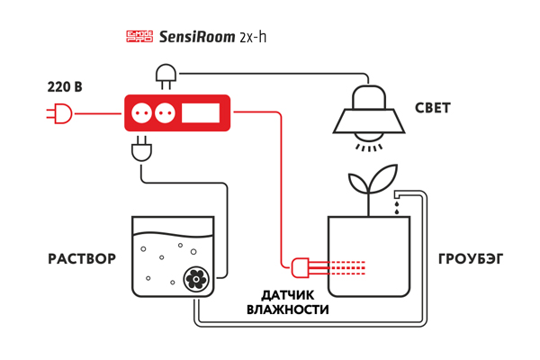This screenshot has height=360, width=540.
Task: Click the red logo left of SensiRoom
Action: pyautogui.click(x=139, y=37)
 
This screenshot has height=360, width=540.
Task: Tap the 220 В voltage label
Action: pyautogui.click(x=64, y=87)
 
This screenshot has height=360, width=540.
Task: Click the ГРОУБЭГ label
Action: pyautogui.click(x=470, y=259)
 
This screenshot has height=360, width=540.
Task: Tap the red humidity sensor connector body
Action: pyautogui.click(x=300, y=265)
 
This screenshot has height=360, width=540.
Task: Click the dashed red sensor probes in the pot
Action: pyautogui.click(x=346, y=265)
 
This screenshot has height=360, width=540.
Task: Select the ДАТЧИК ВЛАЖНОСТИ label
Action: pyautogui.click(x=287, y=302)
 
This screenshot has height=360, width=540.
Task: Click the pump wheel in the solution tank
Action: pyautogui.click(x=194, y=280)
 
